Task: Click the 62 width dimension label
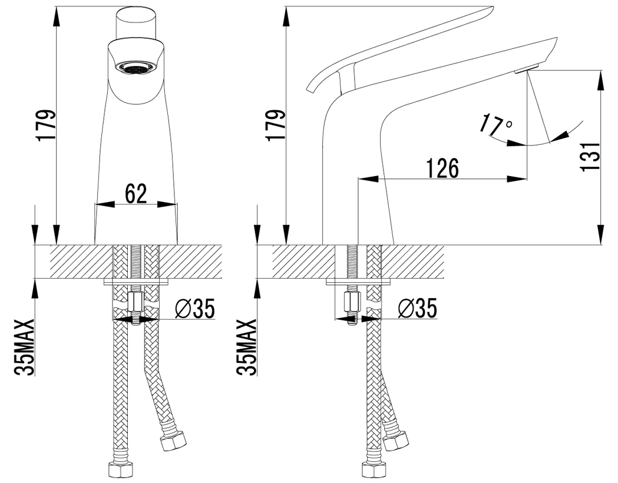tap(135, 193)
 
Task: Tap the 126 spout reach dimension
tap(442, 168)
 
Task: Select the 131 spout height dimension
tap(590, 156)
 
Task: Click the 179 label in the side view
tap(275, 125)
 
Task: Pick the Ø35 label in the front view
tap(195, 308)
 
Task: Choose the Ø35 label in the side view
tap(418, 308)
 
